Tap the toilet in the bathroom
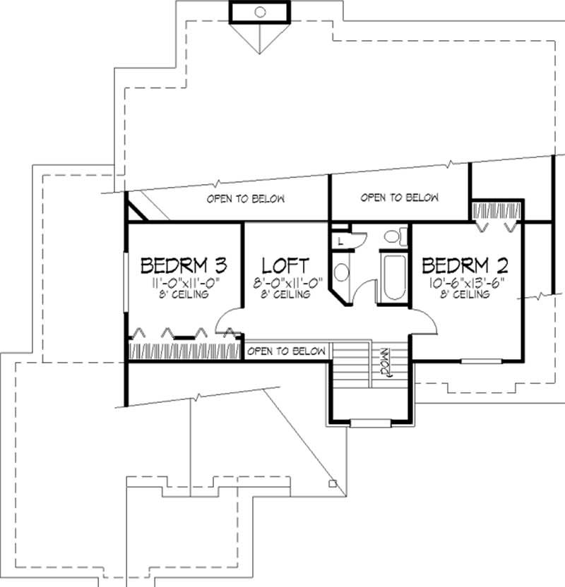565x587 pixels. pyautogui.click(x=393, y=236)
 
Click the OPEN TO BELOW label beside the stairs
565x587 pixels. pyautogui.click(x=287, y=351)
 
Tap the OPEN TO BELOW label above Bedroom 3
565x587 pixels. pyautogui.click(x=246, y=199)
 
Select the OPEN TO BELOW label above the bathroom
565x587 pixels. pyautogui.click(x=400, y=198)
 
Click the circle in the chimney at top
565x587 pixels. pyautogui.click(x=259, y=11)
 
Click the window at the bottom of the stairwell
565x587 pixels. pyautogui.click(x=369, y=423)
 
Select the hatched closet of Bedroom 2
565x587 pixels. pyautogui.click(x=496, y=210)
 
